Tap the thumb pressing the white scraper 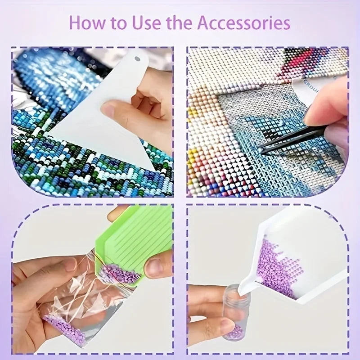118,109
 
